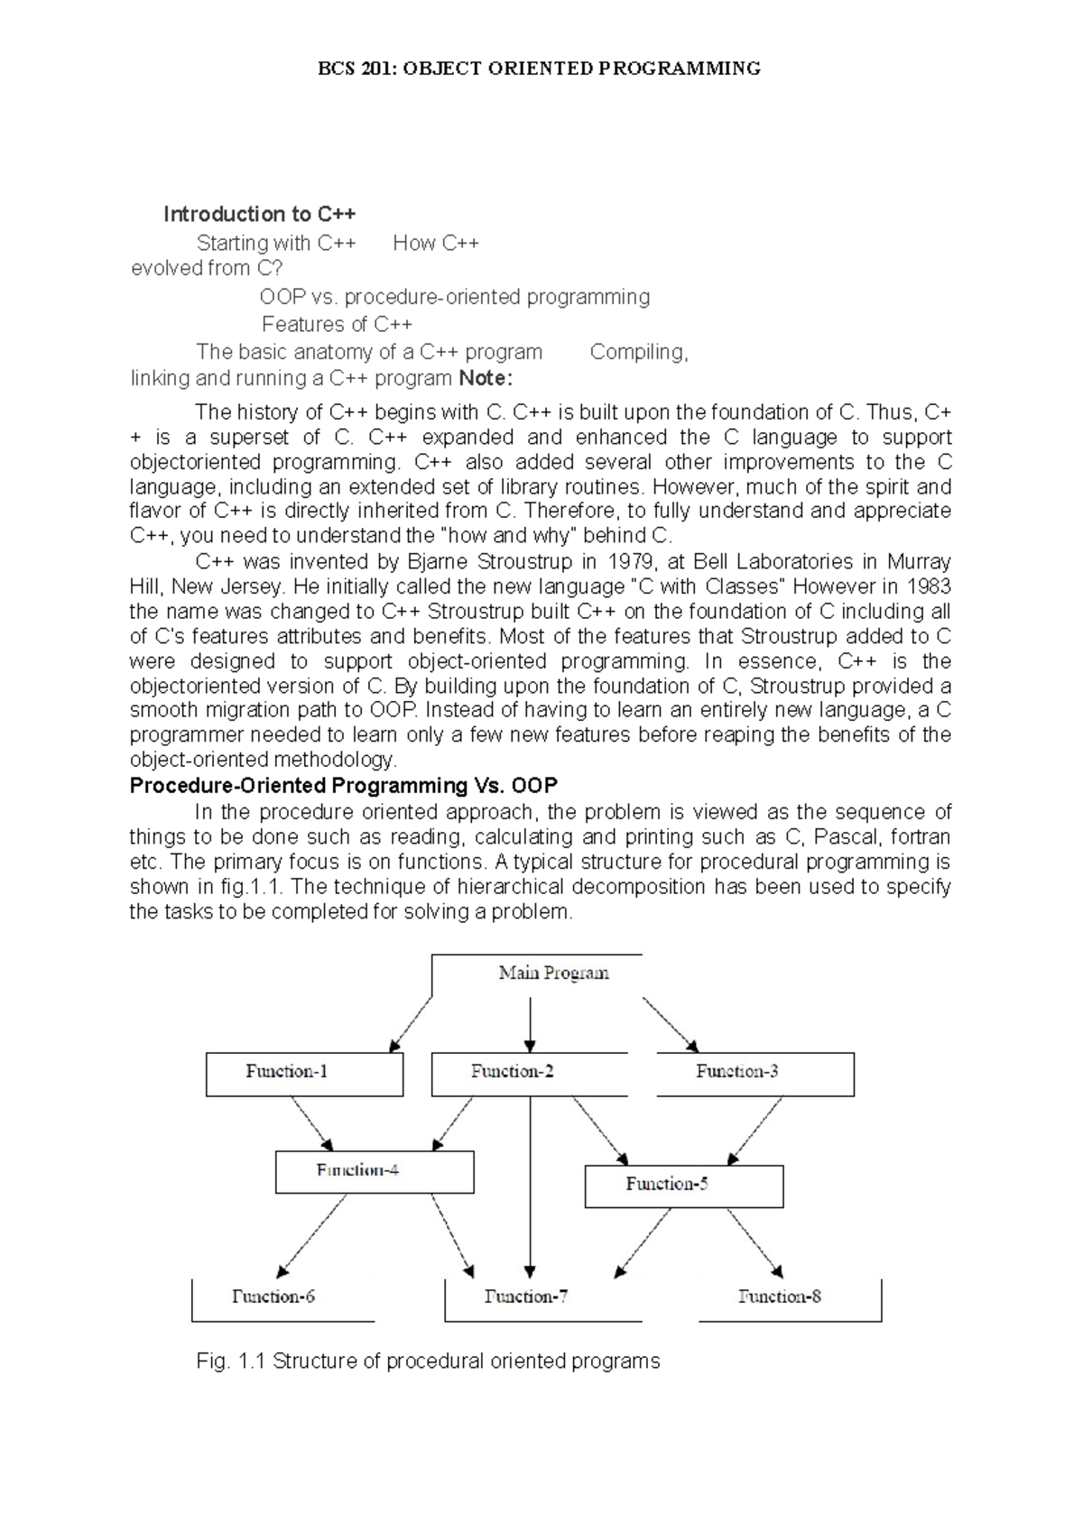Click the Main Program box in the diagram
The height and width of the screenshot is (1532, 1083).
point(552,974)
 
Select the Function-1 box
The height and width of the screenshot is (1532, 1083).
point(304,1074)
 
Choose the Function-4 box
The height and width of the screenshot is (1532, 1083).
point(375,1171)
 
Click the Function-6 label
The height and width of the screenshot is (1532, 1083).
point(273,1297)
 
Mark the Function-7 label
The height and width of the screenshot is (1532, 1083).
point(526,1297)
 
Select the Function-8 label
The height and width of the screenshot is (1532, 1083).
point(780,1297)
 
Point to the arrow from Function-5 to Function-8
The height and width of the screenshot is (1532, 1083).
point(755,1243)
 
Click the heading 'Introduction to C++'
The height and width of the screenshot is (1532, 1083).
point(260,214)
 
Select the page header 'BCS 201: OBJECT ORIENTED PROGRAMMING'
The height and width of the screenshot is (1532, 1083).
point(541,69)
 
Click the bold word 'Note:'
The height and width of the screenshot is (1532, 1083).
point(486,377)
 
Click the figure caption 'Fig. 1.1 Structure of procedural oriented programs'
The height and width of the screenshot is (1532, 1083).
point(428,1361)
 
